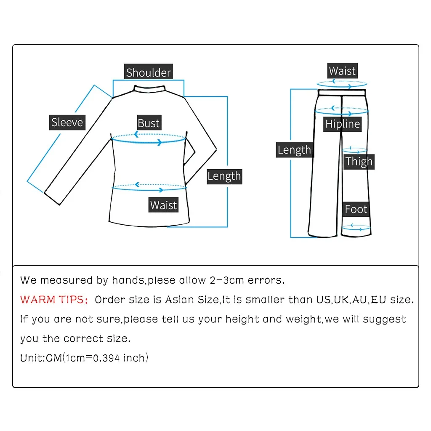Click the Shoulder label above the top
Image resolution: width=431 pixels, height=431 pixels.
pyautogui.click(x=149, y=72)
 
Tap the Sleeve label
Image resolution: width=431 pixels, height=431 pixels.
pyautogui.click(x=67, y=122)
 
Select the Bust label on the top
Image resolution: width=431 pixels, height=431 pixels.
pyautogui.click(x=149, y=123)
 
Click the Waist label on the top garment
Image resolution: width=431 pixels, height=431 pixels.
pyautogui.click(x=163, y=205)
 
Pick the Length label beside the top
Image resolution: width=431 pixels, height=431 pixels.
pyautogui.click(x=224, y=176)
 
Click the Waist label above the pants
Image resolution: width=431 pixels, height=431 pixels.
pyautogui.click(x=342, y=71)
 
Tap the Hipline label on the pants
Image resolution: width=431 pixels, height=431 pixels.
pyautogui.click(x=343, y=124)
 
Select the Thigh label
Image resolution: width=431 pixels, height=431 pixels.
pyautogui.click(x=359, y=161)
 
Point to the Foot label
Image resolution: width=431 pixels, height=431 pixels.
pyautogui.click(x=356, y=209)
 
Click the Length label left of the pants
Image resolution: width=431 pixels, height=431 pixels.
pyautogui.click(x=294, y=150)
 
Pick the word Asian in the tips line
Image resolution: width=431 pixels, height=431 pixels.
pyautogui.click(x=179, y=300)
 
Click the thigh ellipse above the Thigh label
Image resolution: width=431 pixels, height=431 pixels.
pyautogui.click(x=356, y=150)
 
